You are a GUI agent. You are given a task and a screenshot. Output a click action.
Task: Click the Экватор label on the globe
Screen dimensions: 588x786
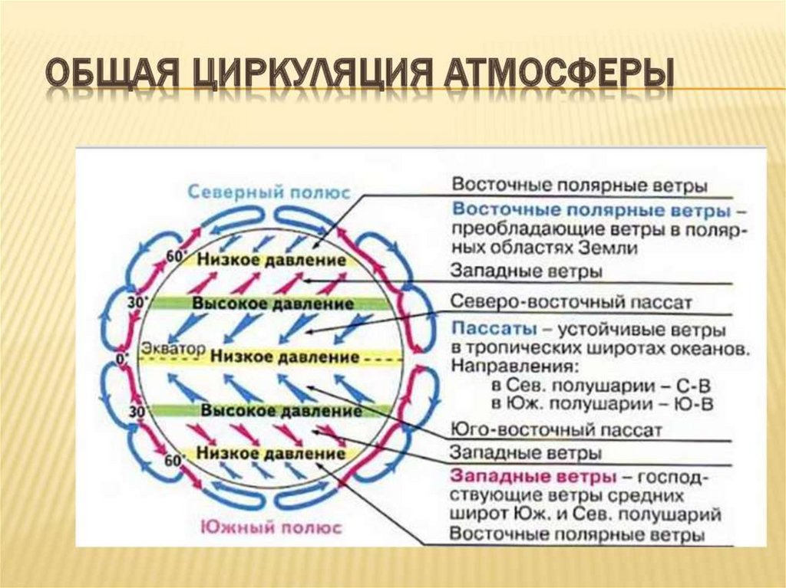[x=173, y=349]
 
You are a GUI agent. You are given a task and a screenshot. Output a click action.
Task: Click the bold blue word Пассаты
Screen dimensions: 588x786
[x=487, y=330]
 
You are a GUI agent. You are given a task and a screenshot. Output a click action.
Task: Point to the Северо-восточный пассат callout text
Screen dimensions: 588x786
[x=571, y=301]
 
